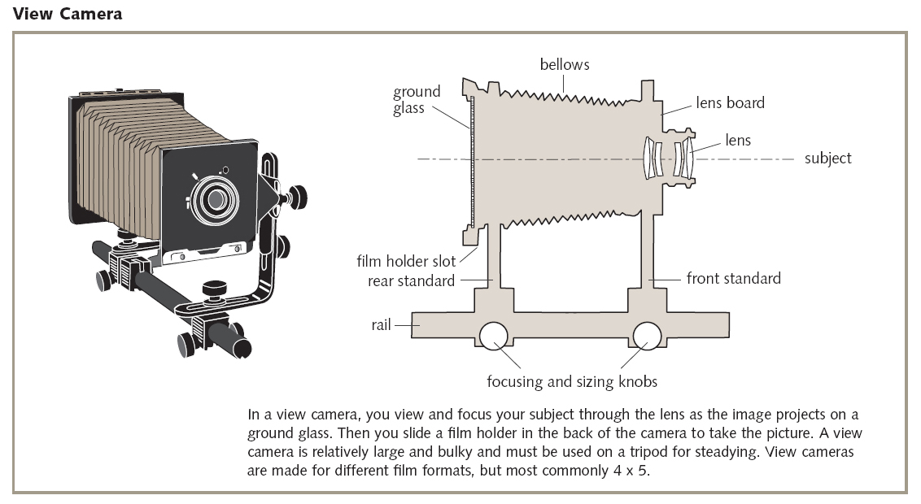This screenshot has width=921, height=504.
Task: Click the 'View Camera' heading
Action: point(67,14)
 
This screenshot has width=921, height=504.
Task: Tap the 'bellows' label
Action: point(565,64)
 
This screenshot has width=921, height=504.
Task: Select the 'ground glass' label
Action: point(417,99)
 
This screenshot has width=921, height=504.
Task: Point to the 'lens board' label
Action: point(730,103)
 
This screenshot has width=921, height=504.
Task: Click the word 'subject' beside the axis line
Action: point(827,159)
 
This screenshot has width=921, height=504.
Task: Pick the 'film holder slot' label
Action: point(407,262)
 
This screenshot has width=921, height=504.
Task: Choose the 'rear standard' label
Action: point(411,281)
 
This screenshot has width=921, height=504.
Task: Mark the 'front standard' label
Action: point(733,279)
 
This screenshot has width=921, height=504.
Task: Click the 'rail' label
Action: point(381,325)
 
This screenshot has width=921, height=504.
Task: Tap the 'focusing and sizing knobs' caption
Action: point(571,381)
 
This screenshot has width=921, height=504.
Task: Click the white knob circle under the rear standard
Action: point(494,335)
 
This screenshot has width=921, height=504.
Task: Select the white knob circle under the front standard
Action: point(647,335)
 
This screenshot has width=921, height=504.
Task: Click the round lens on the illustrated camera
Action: point(216,198)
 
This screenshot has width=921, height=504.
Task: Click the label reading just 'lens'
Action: point(738,141)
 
